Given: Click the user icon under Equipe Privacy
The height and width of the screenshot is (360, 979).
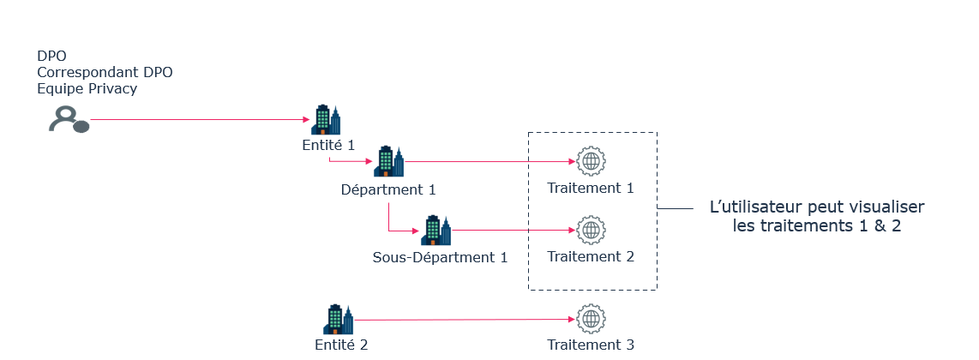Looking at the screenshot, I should [x=68, y=119].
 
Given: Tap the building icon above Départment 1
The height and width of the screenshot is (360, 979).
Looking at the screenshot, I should [x=388, y=160].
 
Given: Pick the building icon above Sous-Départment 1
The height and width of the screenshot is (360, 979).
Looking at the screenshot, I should [x=435, y=230].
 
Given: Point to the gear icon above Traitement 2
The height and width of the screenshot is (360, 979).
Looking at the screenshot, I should [x=591, y=230].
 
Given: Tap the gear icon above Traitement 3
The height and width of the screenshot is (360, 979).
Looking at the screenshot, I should [x=591, y=319].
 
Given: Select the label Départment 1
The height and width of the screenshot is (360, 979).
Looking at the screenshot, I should [x=389, y=189].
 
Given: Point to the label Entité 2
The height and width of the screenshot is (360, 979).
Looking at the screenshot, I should [x=340, y=345].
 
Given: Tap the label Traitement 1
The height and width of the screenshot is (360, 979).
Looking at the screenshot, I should [x=591, y=188].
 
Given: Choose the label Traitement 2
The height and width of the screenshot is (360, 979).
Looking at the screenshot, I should [x=591, y=256].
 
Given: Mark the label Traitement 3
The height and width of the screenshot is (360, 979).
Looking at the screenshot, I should [x=591, y=345].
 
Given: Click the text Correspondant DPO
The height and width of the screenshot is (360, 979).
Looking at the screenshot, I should [x=105, y=72].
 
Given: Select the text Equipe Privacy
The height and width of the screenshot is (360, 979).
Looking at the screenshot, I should [x=87, y=88].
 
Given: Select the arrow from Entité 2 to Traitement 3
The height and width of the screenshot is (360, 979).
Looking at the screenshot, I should [x=463, y=320].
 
